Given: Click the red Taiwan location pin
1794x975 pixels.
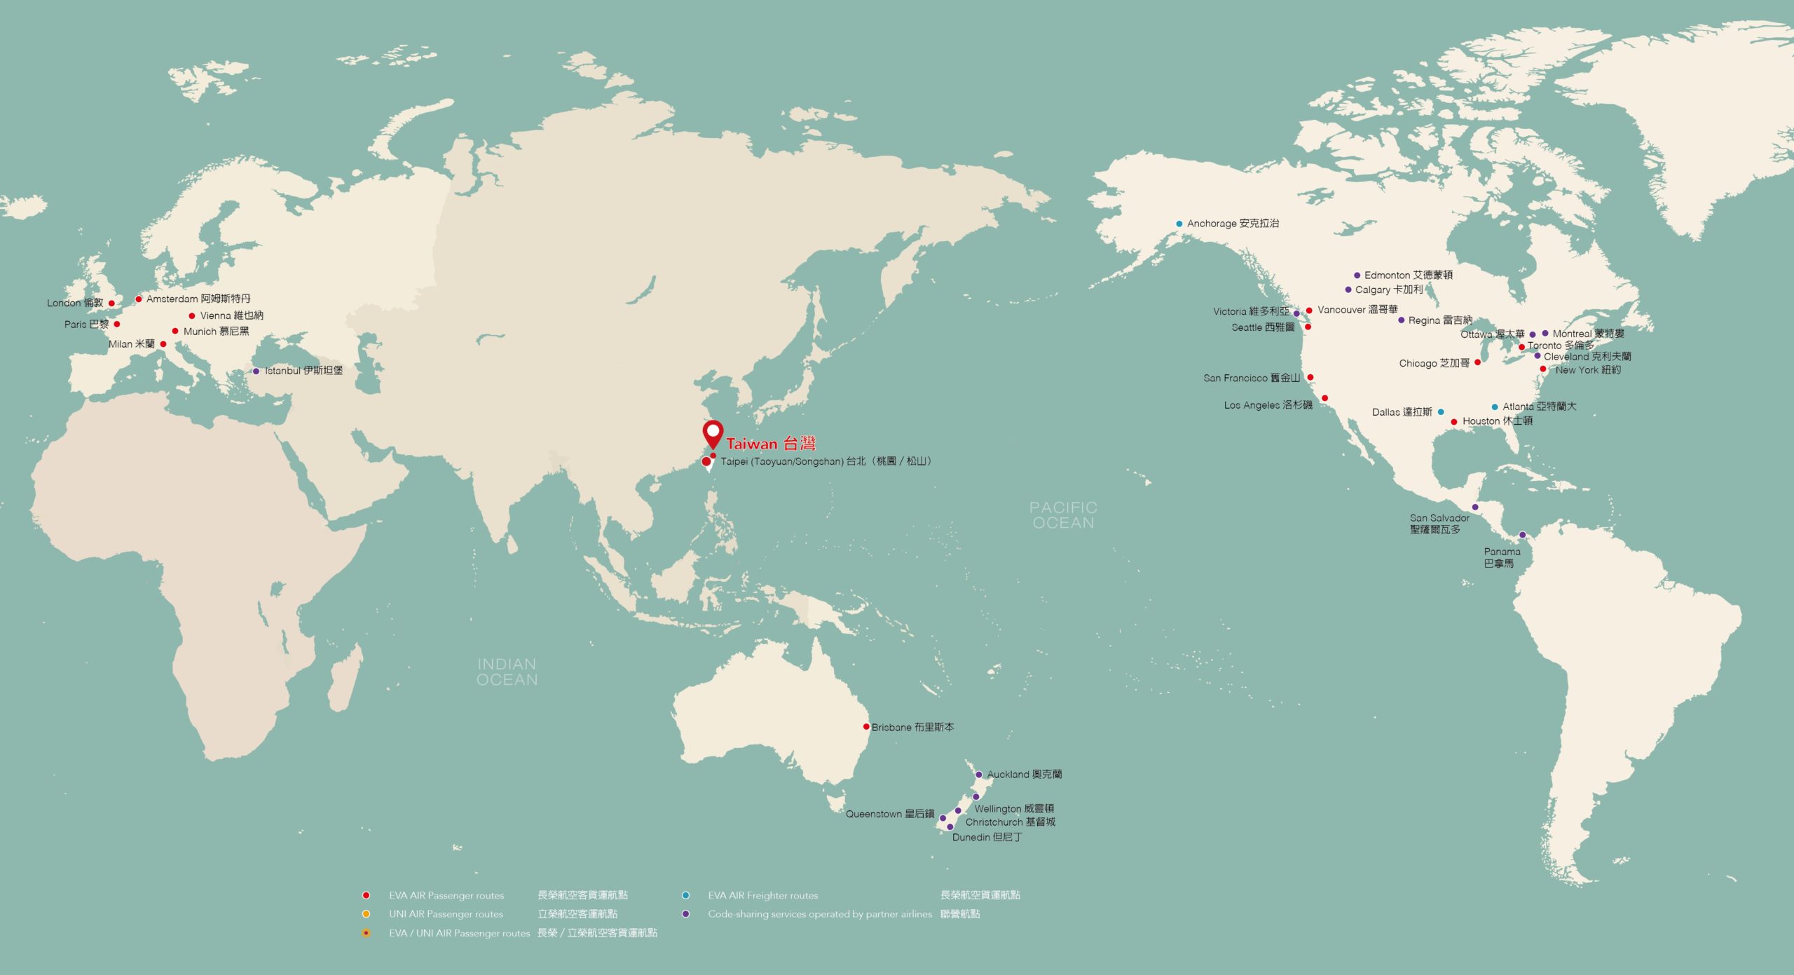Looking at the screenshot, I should (x=713, y=433).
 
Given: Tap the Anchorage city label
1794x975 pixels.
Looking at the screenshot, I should (x=1233, y=224).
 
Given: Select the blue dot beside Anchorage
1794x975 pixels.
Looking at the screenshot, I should (x=1179, y=224).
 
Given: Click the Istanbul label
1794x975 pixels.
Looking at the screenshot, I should (x=303, y=371).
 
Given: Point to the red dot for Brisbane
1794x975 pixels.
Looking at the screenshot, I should (x=866, y=726).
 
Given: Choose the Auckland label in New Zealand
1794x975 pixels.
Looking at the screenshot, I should (x=1024, y=775).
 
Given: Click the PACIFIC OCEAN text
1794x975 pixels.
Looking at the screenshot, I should (x=1063, y=515).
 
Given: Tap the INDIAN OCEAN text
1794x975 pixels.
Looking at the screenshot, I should (x=507, y=671).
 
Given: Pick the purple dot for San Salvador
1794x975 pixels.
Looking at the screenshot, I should (x=1475, y=507).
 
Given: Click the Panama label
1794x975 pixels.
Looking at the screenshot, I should (x=1502, y=557).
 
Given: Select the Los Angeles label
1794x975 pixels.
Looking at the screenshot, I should (x=1268, y=405).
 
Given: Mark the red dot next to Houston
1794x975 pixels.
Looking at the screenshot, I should (x=1454, y=422).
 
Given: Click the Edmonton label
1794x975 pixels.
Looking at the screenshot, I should (x=1408, y=275).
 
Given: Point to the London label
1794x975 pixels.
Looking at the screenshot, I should (x=75, y=304).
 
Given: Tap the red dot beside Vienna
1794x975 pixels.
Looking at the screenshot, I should (x=192, y=316).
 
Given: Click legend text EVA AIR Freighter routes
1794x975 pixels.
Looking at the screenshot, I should (x=762, y=896).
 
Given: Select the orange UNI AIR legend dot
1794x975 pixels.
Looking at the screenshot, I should (x=366, y=914).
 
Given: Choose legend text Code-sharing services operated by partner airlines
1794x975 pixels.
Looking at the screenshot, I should (x=820, y=914).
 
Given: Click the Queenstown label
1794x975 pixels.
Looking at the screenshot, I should (x=889, y=814).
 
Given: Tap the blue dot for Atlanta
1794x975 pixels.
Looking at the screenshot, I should (x=1495, y=407).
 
